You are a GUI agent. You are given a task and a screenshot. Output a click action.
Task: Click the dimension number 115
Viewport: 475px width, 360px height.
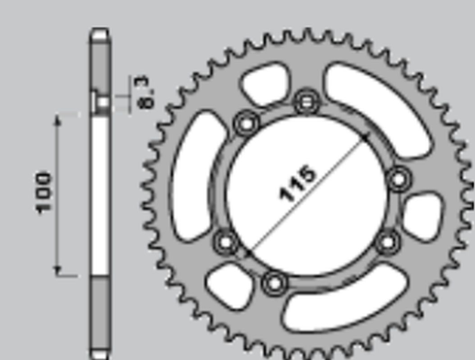tap(297, 182)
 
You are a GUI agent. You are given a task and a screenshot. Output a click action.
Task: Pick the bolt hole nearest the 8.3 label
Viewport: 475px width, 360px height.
tap(246, 122)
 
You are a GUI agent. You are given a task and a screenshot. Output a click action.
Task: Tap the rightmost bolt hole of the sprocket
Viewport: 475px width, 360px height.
tap(398, 178)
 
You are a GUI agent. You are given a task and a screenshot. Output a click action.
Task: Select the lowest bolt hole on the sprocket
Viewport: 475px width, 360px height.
tap(272, 282)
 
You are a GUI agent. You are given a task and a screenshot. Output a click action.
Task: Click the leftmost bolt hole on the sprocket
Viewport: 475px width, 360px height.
tap(226, 242)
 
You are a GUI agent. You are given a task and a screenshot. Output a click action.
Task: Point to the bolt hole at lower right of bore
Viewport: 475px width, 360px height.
tap(388, 242)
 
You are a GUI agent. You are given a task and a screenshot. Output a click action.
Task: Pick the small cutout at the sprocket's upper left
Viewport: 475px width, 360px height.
tap(261, 84)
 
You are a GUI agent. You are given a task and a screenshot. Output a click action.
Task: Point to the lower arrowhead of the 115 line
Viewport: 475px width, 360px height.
tap(247, 254)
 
